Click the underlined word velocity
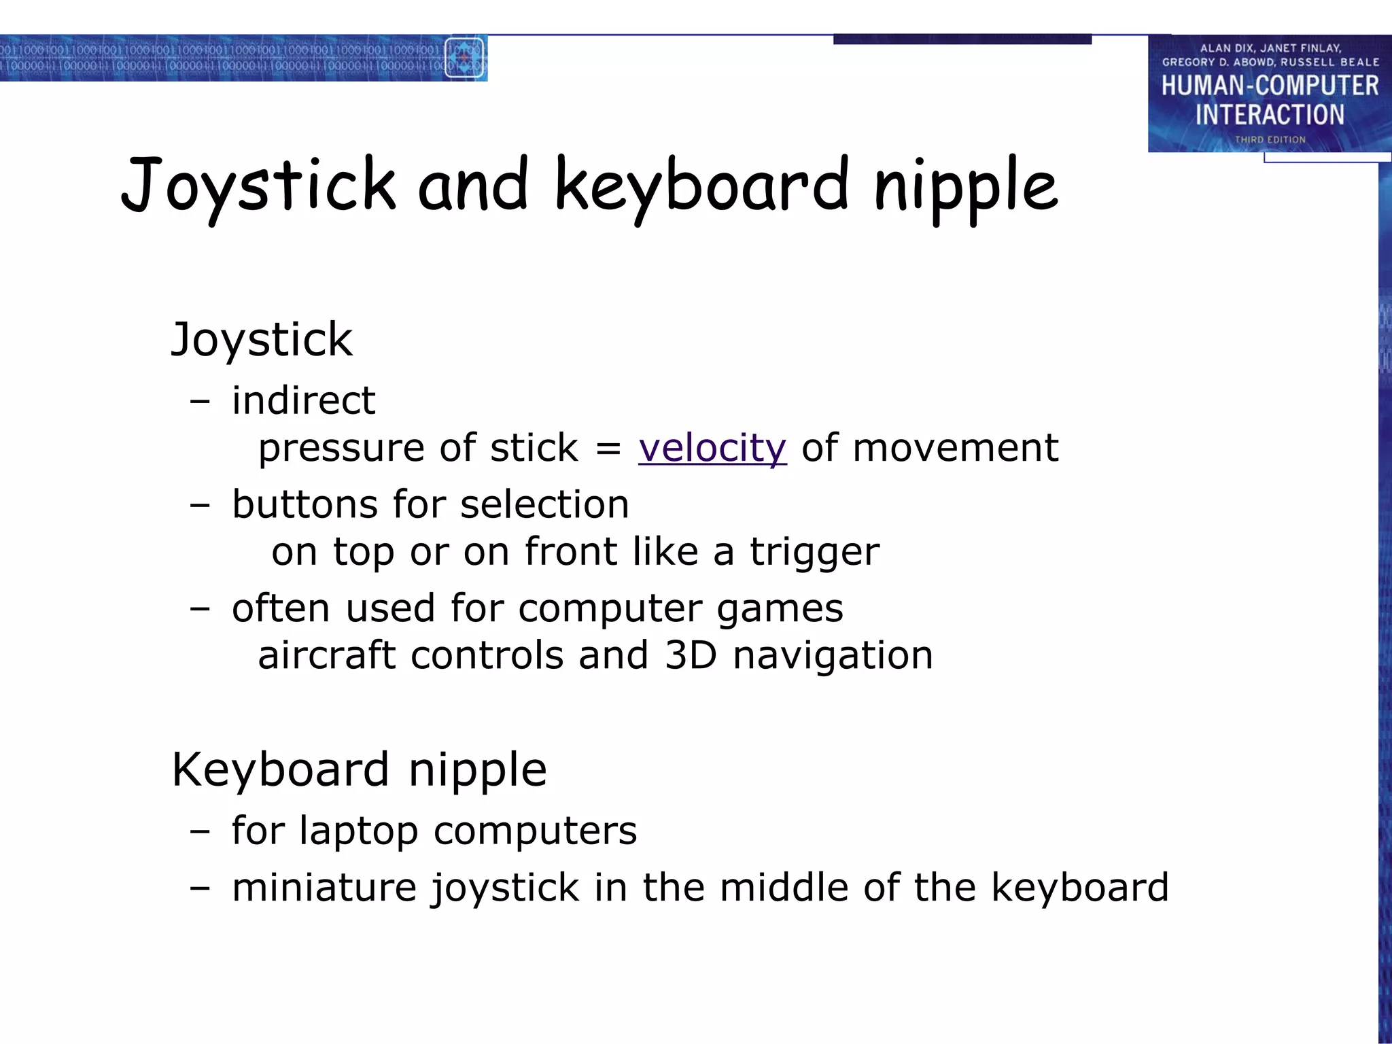coord(712,448)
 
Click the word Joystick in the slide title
coord(258,186)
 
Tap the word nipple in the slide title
coord(966,187)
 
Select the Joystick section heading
coord(262,339)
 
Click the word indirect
coord(303,400)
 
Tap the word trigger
coord(814,551)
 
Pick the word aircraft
coord(326,655)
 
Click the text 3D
coord(691,655)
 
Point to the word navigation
coord(833,656)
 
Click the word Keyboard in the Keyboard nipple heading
coord(280,770)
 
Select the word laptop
coord(358,831)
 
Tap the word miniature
coord(324,888)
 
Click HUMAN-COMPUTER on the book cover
coord(1270,86)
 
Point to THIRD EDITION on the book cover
coord(1270,139)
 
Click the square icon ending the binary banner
coord(464,58)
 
